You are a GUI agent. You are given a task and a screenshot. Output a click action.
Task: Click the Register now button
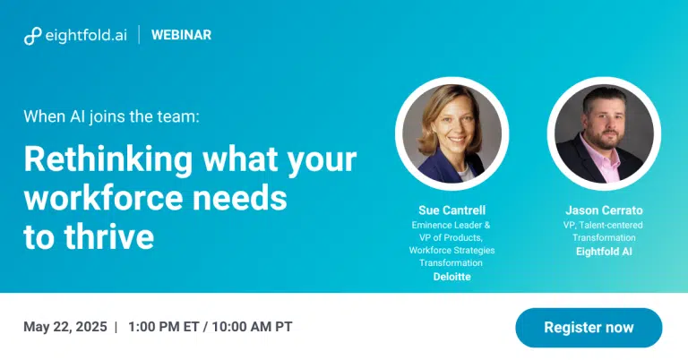[x=589, y=328]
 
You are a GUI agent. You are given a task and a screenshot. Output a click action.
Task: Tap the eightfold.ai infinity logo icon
[x=32, y=36]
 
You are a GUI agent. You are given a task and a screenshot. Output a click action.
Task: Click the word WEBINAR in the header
[x=181, y=35]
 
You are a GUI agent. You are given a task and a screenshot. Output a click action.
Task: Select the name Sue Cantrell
[x=451, y=210]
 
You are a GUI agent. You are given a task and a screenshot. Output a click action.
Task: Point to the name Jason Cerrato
[x=604, y=210]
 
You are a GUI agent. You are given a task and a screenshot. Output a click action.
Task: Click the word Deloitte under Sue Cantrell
[x=451, y=277]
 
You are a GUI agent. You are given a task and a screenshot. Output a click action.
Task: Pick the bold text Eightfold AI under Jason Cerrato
[x=604, y=252]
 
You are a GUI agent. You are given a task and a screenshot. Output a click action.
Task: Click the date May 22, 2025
[x=64, y=327]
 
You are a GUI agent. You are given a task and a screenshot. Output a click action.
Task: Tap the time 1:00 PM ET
[x=163, y=327]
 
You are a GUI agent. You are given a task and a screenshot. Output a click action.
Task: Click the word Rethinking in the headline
[x=107, y=160]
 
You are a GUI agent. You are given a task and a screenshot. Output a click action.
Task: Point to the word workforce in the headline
[x=103, y=198]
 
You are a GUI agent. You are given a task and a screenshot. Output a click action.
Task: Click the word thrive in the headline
[x=108, y=236]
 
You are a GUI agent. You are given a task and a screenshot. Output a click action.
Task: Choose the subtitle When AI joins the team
[x=111, y=116]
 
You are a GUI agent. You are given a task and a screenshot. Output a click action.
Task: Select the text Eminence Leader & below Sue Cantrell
[x=451, y=226]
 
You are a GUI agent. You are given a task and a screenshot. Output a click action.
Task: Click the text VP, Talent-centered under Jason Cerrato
[x=603, y=226]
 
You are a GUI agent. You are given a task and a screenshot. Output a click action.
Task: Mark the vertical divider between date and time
[x=116, y=327]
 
